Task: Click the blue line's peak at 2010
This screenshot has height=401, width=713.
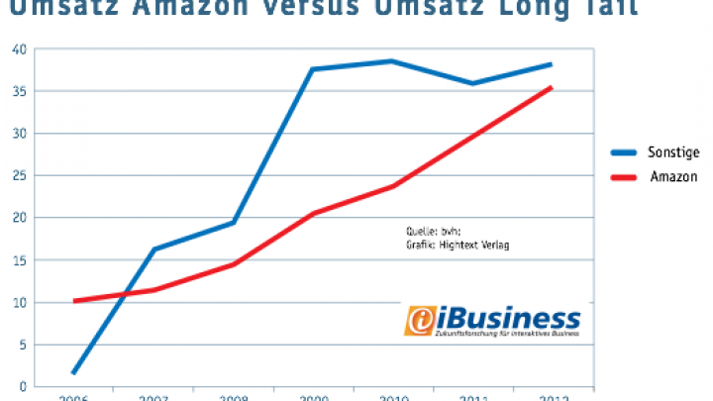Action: tap(391, 61)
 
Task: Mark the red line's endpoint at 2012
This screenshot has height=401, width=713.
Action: tap(551, 88)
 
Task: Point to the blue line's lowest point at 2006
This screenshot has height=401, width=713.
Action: tap(74, 372)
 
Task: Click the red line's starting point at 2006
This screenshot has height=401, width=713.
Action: tap(74, 300)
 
